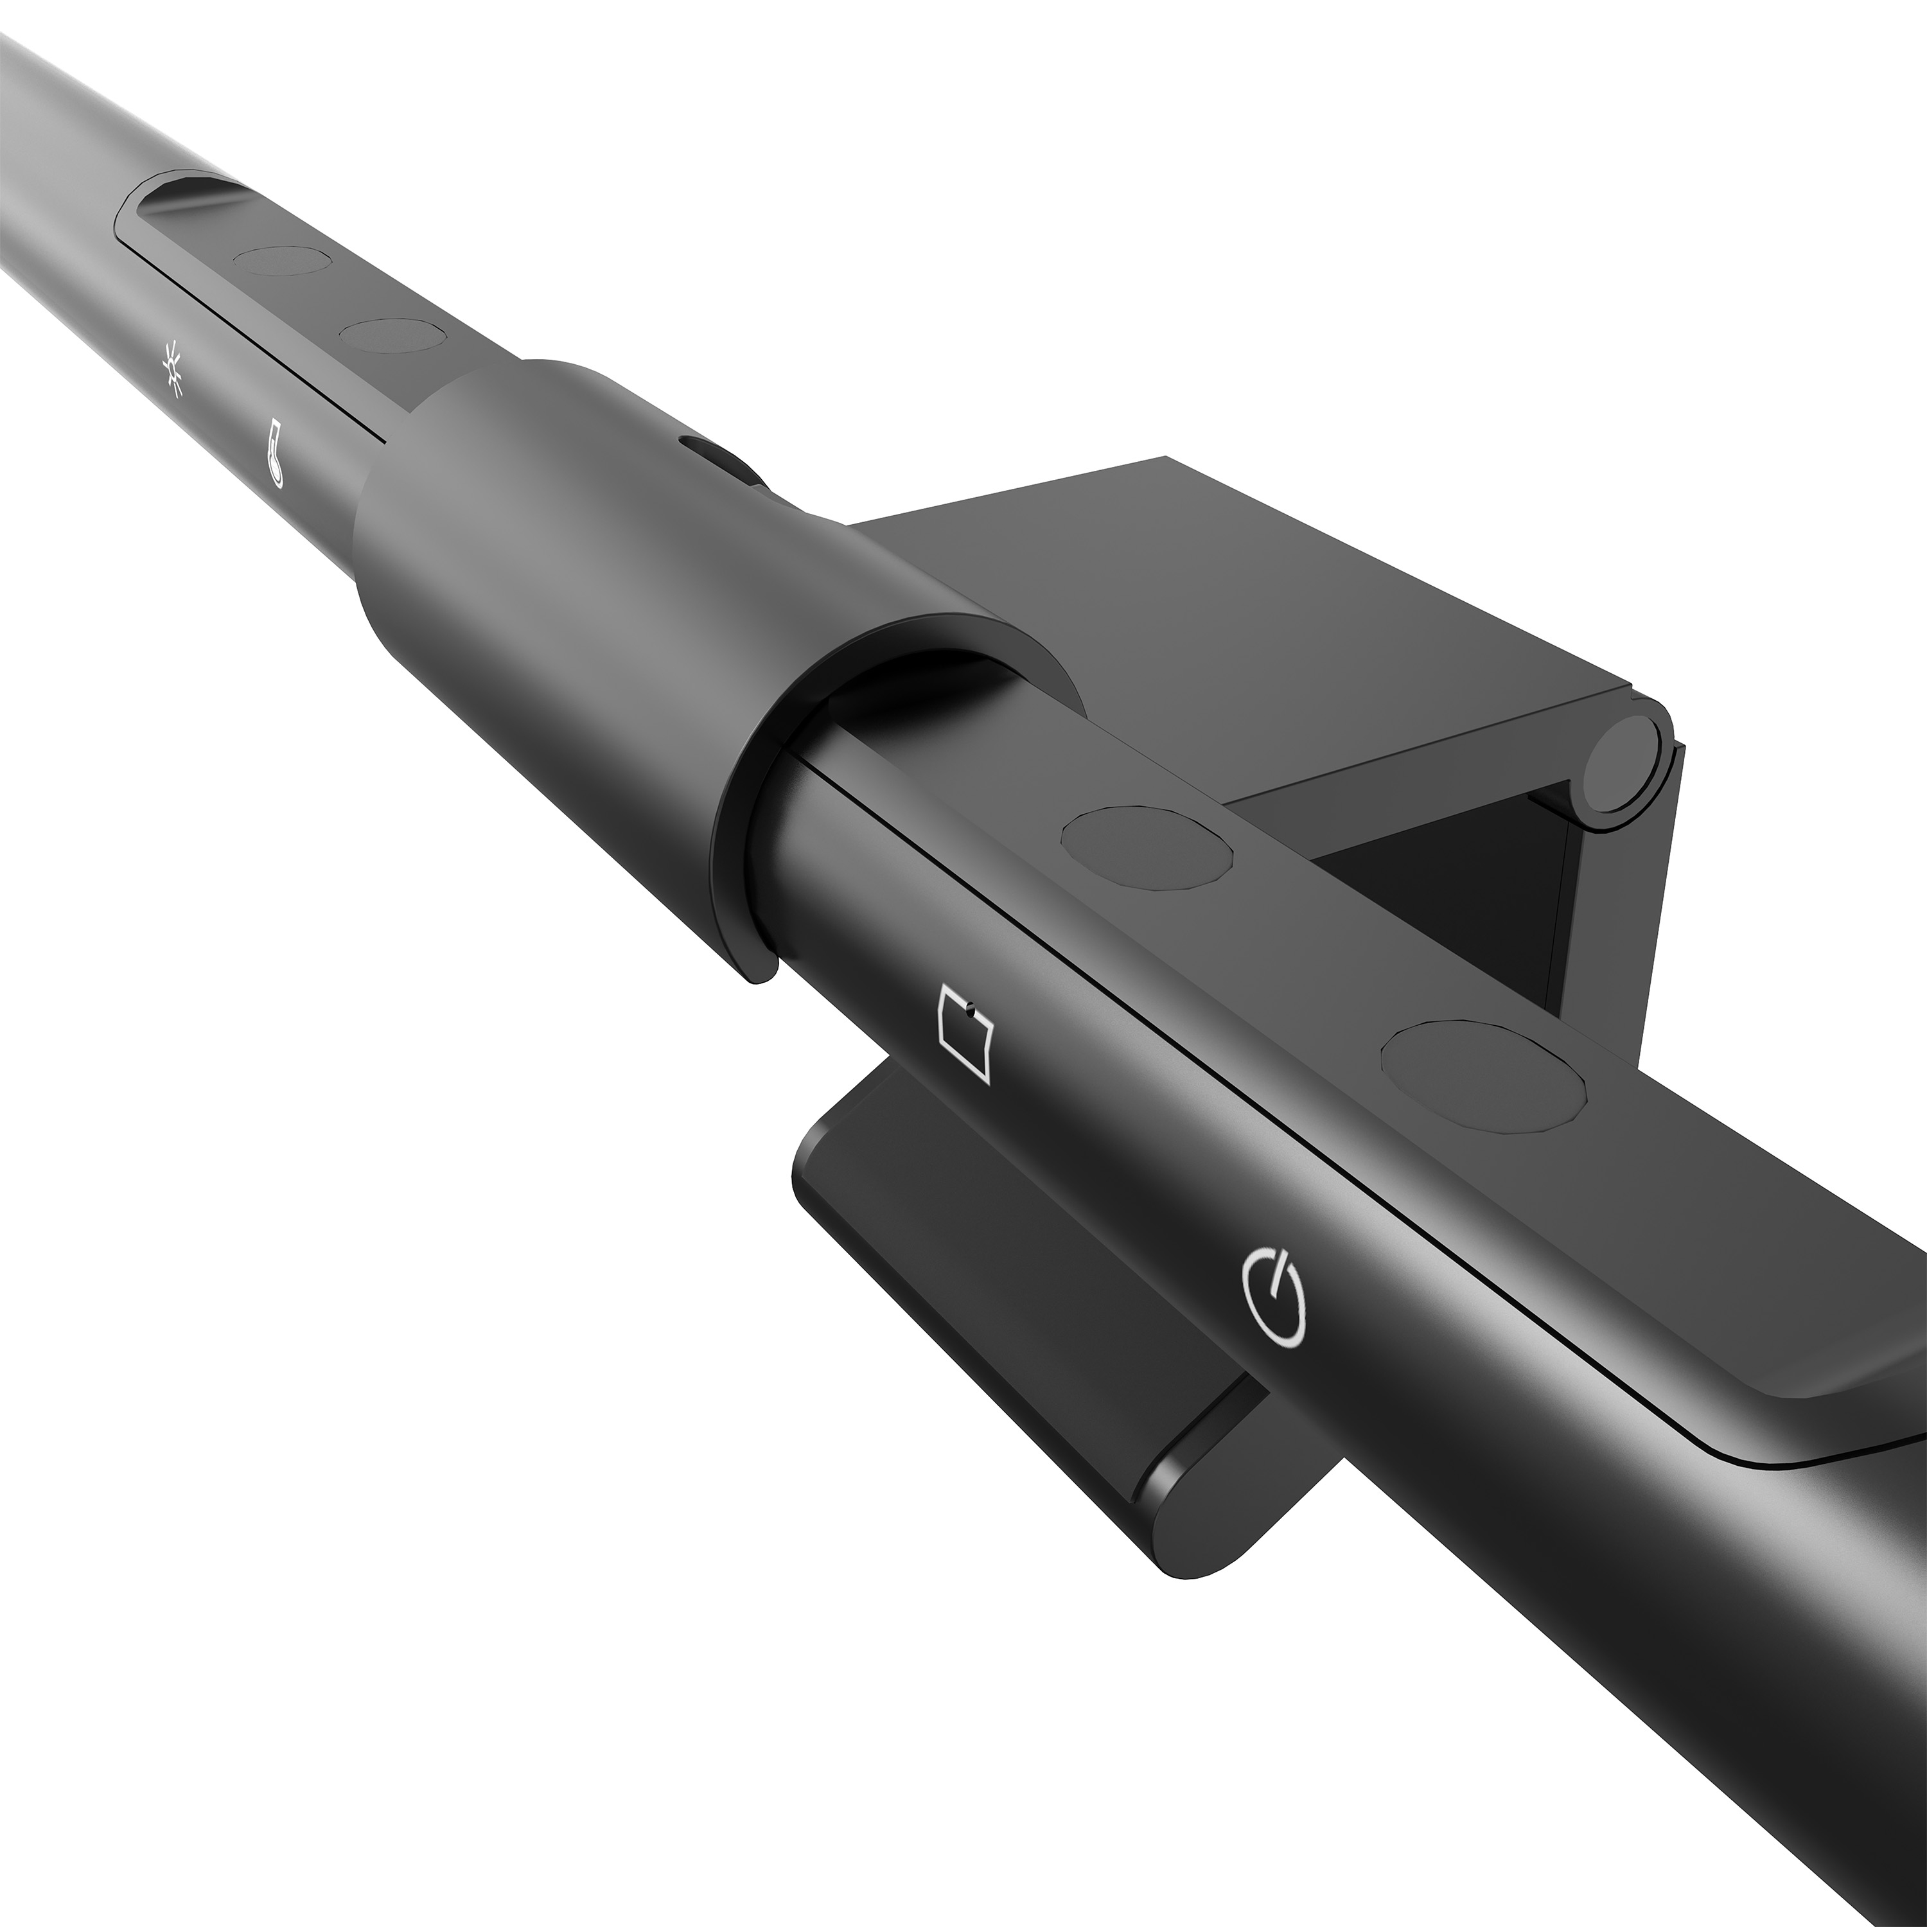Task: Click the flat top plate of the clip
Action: tap(1197, 579)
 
